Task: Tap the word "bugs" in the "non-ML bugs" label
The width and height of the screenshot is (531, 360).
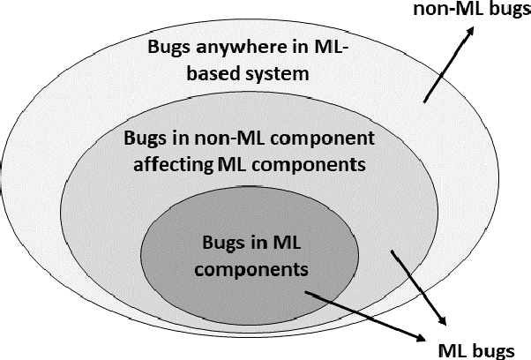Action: [x=504, y=11]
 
